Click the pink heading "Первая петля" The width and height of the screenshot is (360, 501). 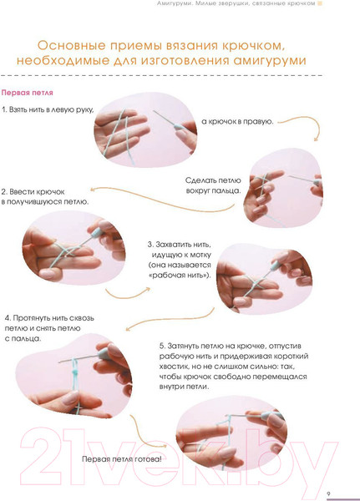28,93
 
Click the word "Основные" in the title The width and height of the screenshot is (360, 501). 71,45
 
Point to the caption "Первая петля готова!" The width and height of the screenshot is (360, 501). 122,459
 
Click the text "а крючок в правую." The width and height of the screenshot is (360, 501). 237,121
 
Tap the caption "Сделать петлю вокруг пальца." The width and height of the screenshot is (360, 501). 213,185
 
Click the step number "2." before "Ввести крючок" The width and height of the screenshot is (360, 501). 4,192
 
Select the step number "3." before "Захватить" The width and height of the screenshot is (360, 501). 150,245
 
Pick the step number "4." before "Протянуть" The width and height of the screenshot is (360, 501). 8,318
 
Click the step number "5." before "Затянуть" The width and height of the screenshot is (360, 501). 162,346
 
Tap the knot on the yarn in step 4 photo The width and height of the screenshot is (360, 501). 75,372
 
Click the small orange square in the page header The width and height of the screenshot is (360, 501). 320,3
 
